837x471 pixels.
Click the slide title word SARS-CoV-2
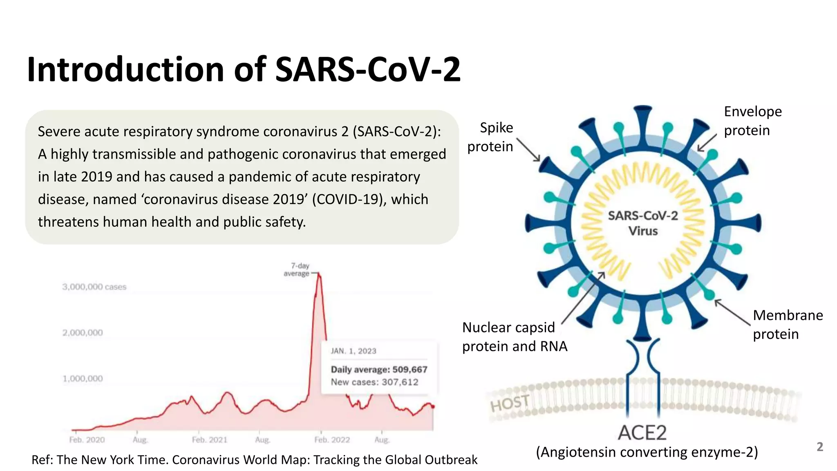pyautogui.click(x=368, y=70)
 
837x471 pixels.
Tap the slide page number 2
pyautogui.click(x=819, y=447)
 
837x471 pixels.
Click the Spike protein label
pyautogui.click(x=490, y=137)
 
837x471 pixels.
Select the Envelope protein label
pyautogui.click(x=752, y=121)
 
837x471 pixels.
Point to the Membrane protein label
pyautogui.click(x=788, y=325)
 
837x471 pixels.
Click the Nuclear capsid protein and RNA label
pyautogui.click(x=514, y=337)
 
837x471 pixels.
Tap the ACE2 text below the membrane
pyautogui.click(x=642, y=433)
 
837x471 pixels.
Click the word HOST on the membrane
pyautogui.click(x=510, y=404)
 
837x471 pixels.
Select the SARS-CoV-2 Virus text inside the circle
pyautogui.click(x=643, y=223)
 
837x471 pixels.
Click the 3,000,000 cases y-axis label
pyautogui.click(x=94, y=287)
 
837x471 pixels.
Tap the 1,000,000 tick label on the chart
pyautogui.click(x=83, y=379)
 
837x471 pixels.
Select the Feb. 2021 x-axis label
pyautogui.click(x=210, y=440)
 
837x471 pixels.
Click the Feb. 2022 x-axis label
pyautogui.click(x=332, y=440)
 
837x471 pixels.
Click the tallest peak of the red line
pyautogui.click(x=319, y=275)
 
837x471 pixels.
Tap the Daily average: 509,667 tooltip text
pyautogui.click(x=379, y=370)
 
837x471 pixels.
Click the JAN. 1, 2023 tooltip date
pyautogui.click(x=354, y=351)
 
